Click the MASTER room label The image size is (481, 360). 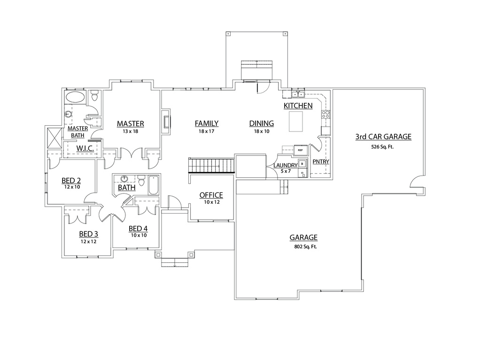[130, 123]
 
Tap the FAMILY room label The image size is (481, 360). [207, 123]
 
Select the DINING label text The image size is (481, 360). [261, 123]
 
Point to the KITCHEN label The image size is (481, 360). [298, 106]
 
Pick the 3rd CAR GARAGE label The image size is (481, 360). [383, 137]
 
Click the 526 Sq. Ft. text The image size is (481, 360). [383, 147]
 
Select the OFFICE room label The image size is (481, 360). [211, 195]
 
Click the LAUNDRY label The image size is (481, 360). [286, 166]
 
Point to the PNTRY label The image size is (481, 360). [320, 162]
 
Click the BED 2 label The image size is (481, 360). [71, 180]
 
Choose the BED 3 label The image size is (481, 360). [88, 234]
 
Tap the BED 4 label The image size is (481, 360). [139, 229]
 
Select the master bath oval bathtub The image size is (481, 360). [75, 98]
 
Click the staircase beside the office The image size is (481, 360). [211, 166]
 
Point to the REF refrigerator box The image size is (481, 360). [300, 150]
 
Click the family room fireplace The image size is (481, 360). [166, 122]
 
